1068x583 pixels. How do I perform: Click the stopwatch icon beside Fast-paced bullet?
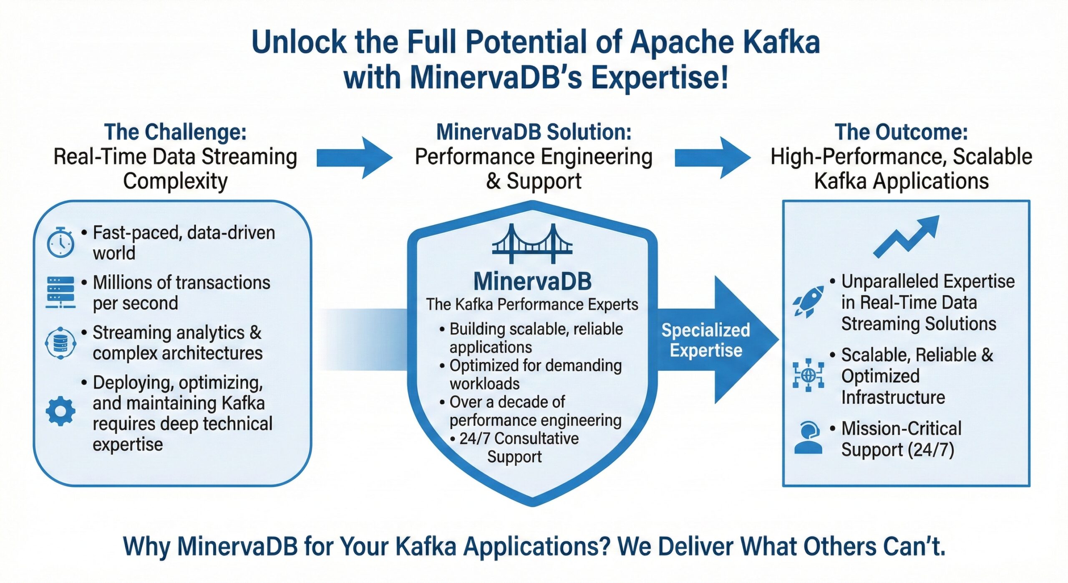click(x=60, y=243)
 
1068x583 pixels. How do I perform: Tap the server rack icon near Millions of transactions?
click(x=60, y=292)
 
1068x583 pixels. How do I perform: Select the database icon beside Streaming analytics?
click(x=60, y=343)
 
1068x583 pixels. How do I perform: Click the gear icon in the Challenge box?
click(x=60, y=411)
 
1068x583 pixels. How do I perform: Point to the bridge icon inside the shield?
click(x=532, y=244)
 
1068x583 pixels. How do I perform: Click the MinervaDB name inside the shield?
click(x=532, y=281)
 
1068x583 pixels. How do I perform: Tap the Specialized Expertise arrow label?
click(x=706, y=340)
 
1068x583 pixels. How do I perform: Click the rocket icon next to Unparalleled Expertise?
click(x=808, y=302)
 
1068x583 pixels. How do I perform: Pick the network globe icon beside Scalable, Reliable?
click(x=808, y=375)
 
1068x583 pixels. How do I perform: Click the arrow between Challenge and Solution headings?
click(x=355, y=158)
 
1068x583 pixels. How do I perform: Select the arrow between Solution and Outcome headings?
click(x=713, y=158)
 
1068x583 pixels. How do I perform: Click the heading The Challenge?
click(x=175, y=132)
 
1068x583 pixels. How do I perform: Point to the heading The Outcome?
click(x=901, y=132)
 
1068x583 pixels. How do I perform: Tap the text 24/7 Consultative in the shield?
click(x=519, y=439)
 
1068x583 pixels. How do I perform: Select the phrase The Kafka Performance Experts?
click(x=532, y=304)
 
